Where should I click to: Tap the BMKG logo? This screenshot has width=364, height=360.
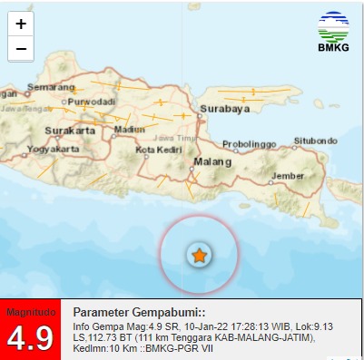click(333, 33)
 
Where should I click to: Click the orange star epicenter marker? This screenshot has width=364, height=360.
click(200, 255)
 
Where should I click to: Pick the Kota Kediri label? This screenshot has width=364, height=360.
click(153, 149)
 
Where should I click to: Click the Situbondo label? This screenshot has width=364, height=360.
click(315, 141)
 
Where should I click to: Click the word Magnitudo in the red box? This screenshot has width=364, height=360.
click(30, 312)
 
